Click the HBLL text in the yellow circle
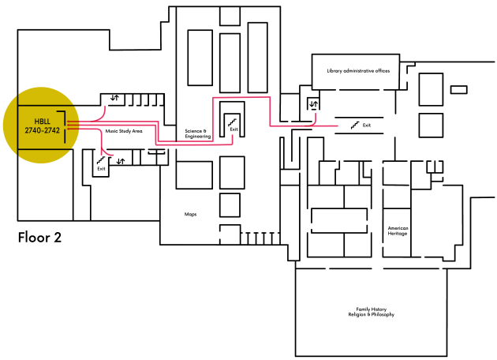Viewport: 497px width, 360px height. click(42, 122)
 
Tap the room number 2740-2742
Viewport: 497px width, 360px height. click(42, 130)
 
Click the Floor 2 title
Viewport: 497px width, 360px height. click(39, 238)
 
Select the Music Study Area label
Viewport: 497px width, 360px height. click(124, 131)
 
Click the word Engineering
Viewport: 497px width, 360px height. click(198, 137)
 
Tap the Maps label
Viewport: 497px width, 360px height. click(190, 215)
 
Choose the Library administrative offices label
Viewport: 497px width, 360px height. click(358, 71)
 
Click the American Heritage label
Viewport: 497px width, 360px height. click(398, 231)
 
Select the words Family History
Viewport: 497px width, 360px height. click(371, 309)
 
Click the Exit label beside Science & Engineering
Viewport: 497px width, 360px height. click(234, 129)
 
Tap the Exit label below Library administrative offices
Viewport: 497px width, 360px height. click(367, 126)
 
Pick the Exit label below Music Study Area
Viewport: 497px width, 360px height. click(101, 169)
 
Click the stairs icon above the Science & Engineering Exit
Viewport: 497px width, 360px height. click(233, 122)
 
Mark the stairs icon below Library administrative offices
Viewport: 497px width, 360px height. click(355, 126)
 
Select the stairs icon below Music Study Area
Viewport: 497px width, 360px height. click(101, 159)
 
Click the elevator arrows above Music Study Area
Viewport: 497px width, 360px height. click(114, 98)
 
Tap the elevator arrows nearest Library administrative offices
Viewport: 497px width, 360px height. click(314, 103)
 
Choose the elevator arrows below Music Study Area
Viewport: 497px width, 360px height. click(121, 161)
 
